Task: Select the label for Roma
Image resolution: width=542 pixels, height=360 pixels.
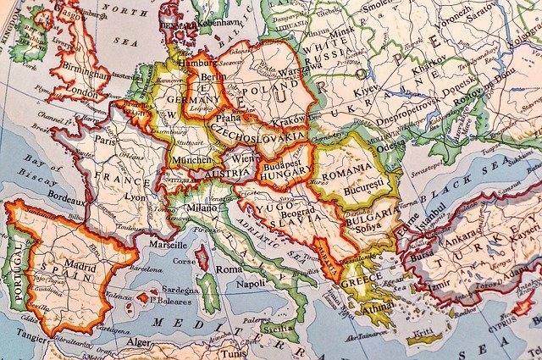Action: [x=228, y=269]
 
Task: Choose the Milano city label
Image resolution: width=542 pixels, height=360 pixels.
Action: [x=202, y=208]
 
